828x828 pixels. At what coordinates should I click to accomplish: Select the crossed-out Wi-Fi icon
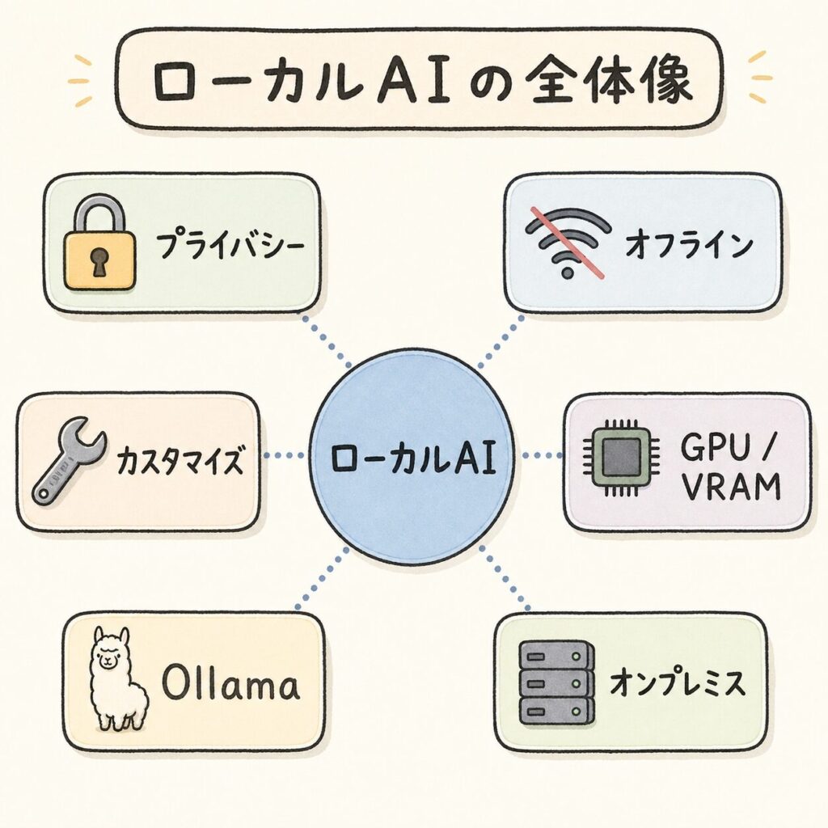tap(568, 242)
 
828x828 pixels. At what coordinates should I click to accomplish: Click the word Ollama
tap(230, 686)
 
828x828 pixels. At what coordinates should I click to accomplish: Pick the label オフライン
tap(688, 246)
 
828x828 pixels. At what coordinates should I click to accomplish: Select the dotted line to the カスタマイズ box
tap(285, 456)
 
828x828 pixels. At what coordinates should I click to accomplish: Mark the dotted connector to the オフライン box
tap(501, 341)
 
